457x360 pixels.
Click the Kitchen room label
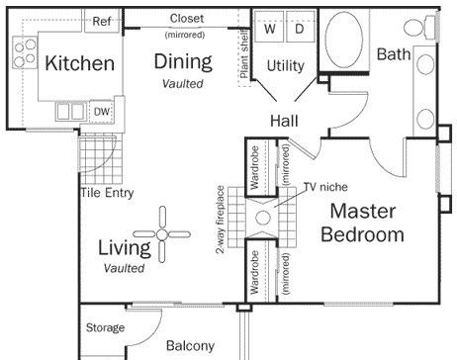(80, 63)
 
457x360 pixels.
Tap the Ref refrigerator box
(102, 21)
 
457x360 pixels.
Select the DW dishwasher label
(102, 112)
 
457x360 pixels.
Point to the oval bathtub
(344, 40)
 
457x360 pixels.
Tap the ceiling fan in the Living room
(161, 234)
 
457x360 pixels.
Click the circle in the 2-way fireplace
(263, 218)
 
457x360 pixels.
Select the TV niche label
(325, 187)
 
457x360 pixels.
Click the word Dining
(183, 61)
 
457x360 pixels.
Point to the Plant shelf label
(244, 53)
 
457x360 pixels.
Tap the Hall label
(284, 121)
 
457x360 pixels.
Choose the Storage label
(105, 327)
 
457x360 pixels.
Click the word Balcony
(190, 345)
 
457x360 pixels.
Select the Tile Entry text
(107, 192)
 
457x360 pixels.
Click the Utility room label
(286, 66)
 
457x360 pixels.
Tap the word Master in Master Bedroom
(363, 211)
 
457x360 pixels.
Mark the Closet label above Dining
(187, 18)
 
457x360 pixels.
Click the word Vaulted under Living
(124, 268)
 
